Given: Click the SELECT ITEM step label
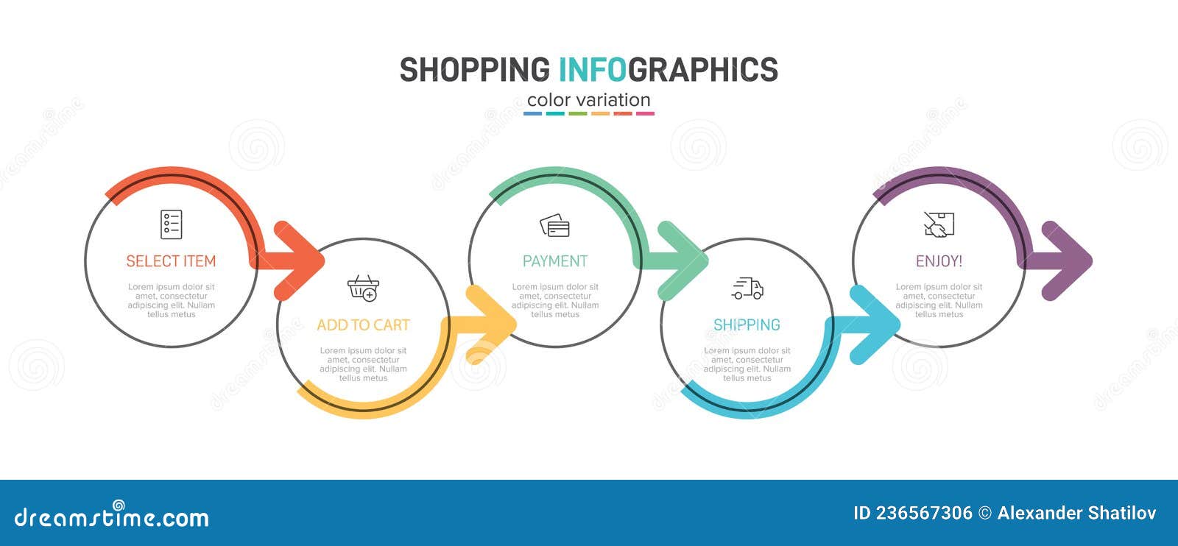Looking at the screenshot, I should (x=171, y=261).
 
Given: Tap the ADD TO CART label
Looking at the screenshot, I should (x=363, y=325).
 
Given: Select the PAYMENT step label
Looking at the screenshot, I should (x=554, y=261).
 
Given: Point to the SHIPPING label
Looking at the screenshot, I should (x=747, y=325).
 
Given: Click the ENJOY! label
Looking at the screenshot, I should (x=939, y=261).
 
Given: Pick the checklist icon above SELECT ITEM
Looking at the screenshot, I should (x=171, y=224).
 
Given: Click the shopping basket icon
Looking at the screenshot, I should (x=364, y=288).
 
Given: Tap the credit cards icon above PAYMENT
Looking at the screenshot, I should (x=554, y=225).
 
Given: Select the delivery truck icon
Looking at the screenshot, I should (x=747, y=288).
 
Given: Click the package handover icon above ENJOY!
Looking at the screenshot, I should (x=939, y=224).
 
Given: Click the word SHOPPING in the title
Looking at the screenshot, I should (x=475, y=70).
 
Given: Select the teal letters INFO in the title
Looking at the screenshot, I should (x=593, y=70).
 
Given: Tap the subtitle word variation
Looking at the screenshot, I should (x=614, y=100).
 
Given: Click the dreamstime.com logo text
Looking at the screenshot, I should (x=112, y=517).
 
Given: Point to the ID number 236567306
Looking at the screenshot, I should (x=923, y=513).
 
